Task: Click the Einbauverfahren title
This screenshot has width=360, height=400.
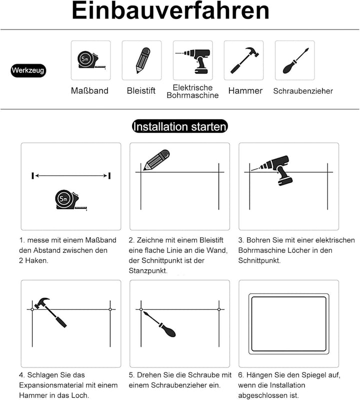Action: [170, 10]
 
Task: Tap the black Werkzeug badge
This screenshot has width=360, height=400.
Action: [28, 70]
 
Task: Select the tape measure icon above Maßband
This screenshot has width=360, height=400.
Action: [91, 61]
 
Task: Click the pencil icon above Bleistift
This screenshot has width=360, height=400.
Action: [142, 60]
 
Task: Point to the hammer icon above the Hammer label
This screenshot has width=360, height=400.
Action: [244, 60]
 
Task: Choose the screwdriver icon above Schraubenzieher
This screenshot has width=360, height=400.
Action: [295, 61]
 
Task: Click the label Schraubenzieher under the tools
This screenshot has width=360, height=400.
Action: [303, 91]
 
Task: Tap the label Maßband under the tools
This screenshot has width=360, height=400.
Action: [89, 90]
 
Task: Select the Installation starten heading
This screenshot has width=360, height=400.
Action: [180, 126]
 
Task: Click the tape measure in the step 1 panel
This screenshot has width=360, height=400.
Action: [71, 200]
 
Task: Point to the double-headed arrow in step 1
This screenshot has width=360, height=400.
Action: [71, 175]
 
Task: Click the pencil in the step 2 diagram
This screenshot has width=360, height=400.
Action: [156, 160]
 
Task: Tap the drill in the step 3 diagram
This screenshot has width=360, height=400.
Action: [274, 170]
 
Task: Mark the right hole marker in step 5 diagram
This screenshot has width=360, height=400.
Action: [219, 310]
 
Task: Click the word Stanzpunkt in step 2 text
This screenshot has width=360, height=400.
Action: [148, 271]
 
